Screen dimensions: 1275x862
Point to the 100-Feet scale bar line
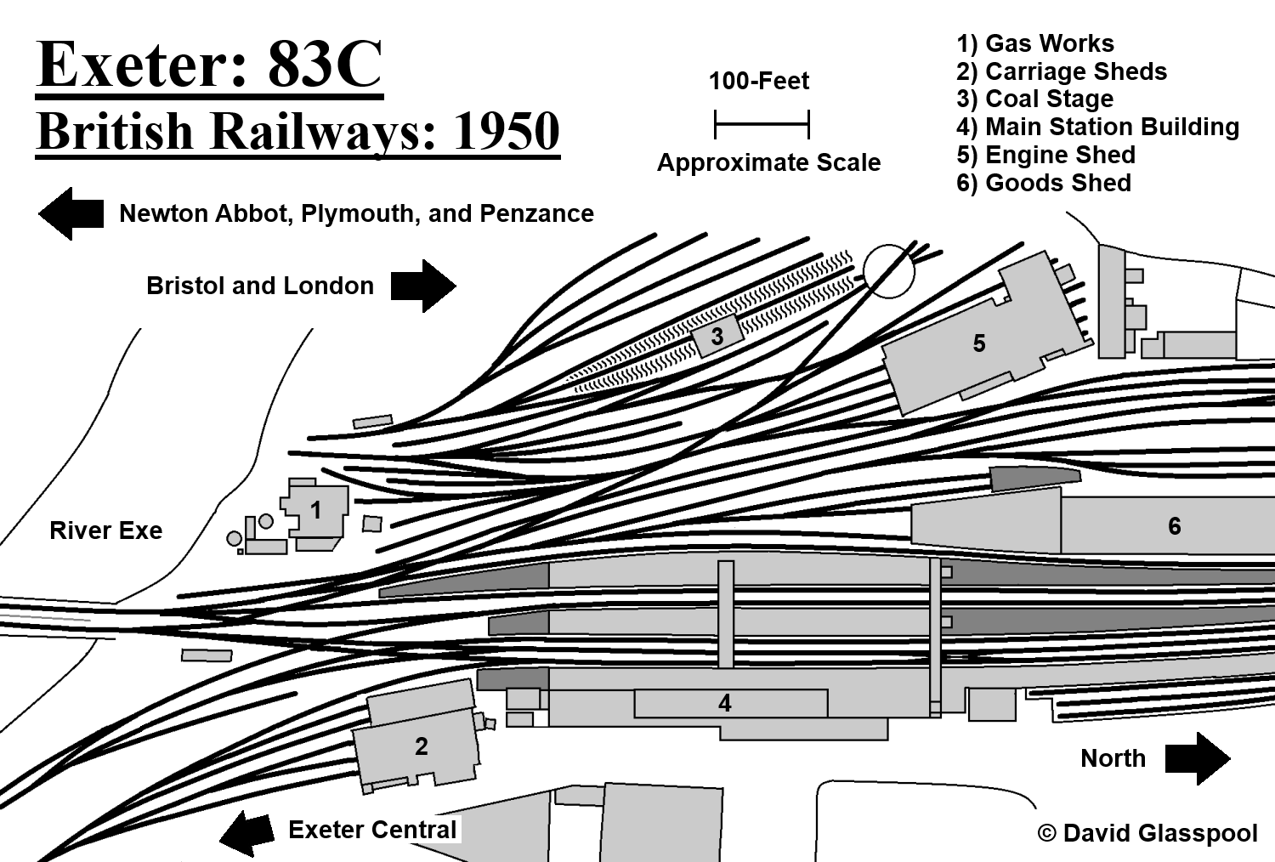762,125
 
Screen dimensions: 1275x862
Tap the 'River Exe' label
106,530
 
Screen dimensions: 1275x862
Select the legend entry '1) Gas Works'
1034,43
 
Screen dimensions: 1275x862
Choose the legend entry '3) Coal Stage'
1034,99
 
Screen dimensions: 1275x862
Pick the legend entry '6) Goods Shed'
1043,183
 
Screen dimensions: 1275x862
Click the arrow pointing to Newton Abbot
71,213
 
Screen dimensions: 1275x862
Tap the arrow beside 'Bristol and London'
423,286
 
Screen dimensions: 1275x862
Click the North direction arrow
1198,758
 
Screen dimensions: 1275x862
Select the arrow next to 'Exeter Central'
247,832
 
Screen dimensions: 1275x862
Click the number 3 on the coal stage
717,337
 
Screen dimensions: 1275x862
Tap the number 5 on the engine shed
979,343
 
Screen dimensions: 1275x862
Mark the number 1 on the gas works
316,510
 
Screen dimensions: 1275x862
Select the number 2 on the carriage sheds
422,746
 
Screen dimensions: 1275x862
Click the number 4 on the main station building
724,704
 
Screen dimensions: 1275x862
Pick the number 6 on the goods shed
1174,526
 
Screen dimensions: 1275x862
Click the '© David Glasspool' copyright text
1147,833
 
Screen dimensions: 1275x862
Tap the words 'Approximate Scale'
769,163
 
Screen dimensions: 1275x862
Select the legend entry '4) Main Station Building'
1097,127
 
